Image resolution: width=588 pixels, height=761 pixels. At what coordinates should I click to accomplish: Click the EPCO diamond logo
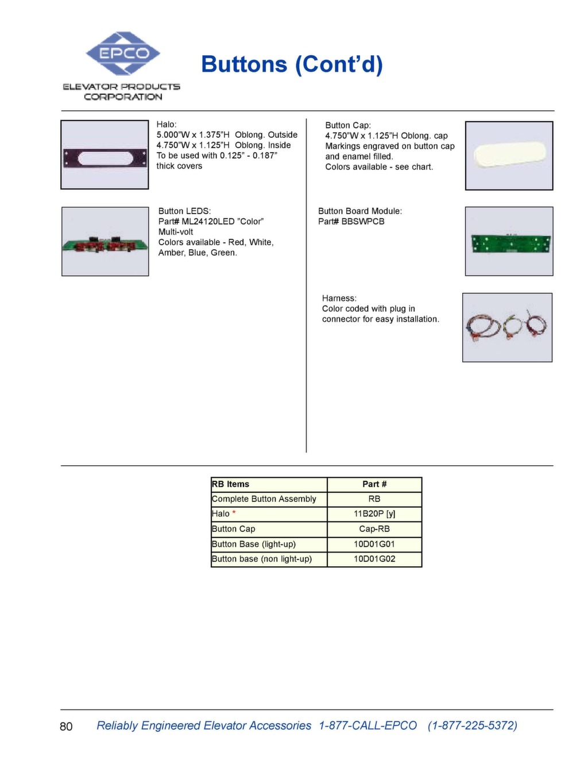[x=122, y=53]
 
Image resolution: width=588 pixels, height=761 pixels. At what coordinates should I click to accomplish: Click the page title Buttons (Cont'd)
[x=292, y=64]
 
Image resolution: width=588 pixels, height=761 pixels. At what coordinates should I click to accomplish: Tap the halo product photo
[x=105, y=155]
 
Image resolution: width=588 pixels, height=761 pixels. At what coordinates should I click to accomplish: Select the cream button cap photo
[x=509, y=156]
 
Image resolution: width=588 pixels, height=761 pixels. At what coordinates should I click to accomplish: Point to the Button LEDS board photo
[x=105, y=242]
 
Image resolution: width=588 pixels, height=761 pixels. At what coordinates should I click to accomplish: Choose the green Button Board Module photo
[x=509, y=242]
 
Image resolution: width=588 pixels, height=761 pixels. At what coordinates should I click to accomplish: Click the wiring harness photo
[x=507, y=328]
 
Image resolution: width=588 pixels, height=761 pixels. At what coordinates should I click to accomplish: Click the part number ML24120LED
[x=207, y=222]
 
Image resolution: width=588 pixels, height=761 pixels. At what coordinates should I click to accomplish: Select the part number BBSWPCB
[x=363, y=222]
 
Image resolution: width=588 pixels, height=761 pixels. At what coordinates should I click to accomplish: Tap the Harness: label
[x=339, y=299]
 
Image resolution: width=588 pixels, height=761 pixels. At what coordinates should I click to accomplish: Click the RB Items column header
[x=230, y=484]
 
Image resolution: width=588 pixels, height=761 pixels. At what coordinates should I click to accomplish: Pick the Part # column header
[x=374, y=484]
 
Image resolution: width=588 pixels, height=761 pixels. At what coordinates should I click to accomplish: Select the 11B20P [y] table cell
[x=374, y=514]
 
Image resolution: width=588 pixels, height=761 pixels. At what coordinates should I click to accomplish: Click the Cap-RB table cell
[x=374, y=529]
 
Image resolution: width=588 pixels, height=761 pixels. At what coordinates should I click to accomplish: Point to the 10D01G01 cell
[x=374, y=544]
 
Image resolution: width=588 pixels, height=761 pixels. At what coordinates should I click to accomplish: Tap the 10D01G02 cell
[x=374, y=559]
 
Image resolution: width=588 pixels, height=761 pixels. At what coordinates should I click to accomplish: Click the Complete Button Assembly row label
[x=264, y=499]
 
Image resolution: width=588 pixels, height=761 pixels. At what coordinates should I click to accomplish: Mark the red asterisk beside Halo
[x=234, y=513]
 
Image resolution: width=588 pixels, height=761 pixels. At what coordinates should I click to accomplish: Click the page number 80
[x=66, y=727]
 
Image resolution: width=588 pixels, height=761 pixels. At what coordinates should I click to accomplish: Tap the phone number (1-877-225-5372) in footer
[x=472, y=725]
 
